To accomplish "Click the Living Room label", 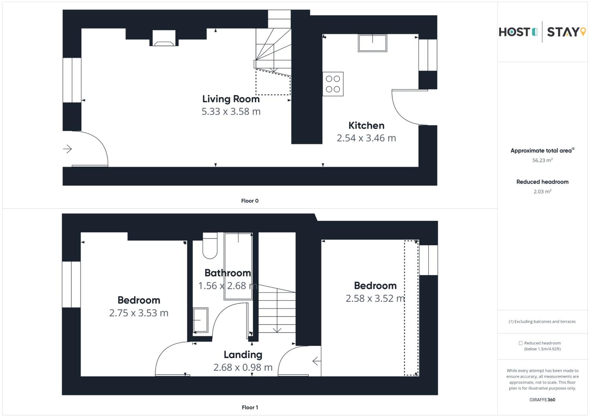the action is [231, 99].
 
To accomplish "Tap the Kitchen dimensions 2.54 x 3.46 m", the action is [366, 138].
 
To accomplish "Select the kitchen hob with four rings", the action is [333, 84].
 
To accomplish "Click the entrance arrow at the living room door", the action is [67, 149].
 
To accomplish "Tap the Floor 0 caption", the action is [250, 201].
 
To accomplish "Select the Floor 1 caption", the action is [250, 408].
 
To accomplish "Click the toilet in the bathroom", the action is [210, 245].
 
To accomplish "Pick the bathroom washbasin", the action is [200, 320].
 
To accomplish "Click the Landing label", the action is [243, 355].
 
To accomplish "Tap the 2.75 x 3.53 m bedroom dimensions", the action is [139, 313].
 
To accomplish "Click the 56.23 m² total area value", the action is [542, 160].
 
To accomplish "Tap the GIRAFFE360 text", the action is [542, 400].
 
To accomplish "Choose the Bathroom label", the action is [228, 273].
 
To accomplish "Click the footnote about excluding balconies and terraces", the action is [542, 321].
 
